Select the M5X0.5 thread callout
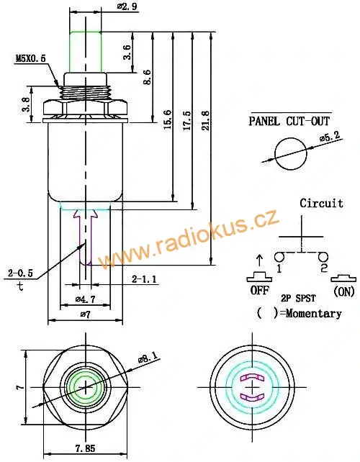coord(30,58)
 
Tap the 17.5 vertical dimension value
coord(187,117)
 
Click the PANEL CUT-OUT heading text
coord(289,122)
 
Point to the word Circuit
coord(321,203)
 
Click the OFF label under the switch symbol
coord(258,291)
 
